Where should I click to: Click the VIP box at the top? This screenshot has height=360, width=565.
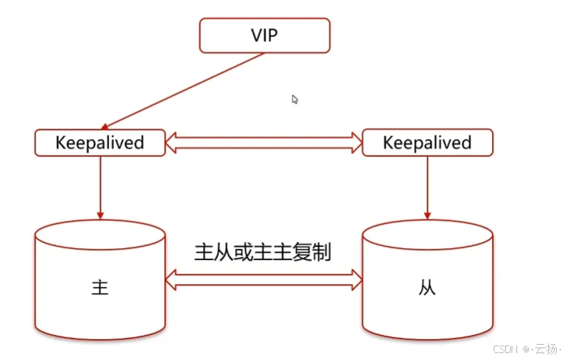(x=264, y=35)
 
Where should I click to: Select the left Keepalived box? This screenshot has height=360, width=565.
(x=100, y=142)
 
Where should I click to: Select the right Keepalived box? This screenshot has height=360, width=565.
(x=427, y=142)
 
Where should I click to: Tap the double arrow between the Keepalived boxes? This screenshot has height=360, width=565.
(x=264, y=143)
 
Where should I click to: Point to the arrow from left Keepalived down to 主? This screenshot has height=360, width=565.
(x=100, y=184)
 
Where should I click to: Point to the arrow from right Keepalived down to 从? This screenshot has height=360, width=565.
(x=427, y=184)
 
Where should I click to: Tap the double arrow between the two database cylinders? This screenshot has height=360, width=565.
(x=264, y=279)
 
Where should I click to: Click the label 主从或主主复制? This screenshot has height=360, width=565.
(x=263, y=251)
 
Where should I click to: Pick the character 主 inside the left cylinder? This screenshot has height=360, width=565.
(x=100, y=288)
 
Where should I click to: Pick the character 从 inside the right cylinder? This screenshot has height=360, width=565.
(x=427, y=288)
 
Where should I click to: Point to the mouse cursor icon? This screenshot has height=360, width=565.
(x=295, y=99)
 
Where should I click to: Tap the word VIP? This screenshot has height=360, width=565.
(x=264, y=35)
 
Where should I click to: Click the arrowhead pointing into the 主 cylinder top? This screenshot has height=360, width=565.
(x=100, y=212)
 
